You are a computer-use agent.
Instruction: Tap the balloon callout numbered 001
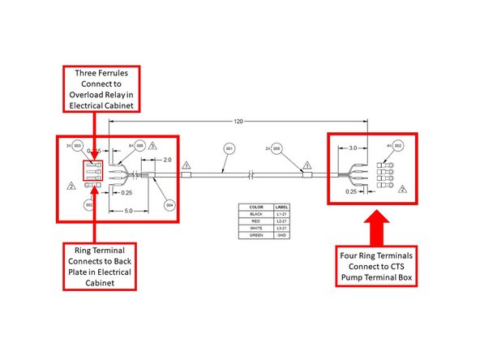click(x=229, y=149)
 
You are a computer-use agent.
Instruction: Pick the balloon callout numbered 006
click(x=139, y=146)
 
